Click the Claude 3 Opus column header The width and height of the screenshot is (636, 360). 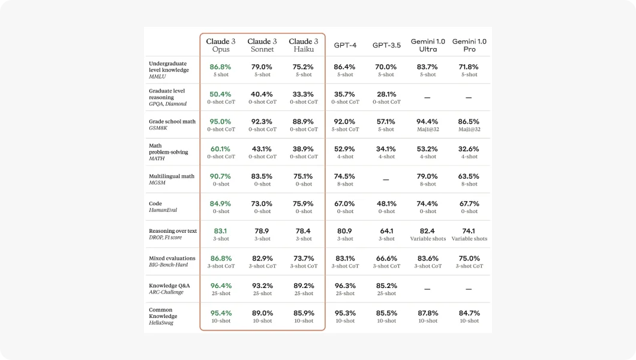pyautogui.click(x=221, y=45)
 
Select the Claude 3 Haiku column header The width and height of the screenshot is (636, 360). pyautogui.click(x=304, y=45)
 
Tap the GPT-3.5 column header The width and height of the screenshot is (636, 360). pyautogui.click(x=386, y=45)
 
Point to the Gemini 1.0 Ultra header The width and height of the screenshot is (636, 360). pyautogui.click(x=428, y=45)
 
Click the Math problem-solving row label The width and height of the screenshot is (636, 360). pyautogui.click(x=168, y=152)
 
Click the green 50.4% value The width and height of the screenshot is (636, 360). pyautogui.click(x=220, y=94)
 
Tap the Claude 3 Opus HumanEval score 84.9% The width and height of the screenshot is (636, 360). pyautogui.click(x=220, y=203)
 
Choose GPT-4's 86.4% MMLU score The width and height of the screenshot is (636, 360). pyautogui.click(x=344, y=67)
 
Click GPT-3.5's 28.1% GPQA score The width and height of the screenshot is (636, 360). pyautogui.click(x=386, y=94)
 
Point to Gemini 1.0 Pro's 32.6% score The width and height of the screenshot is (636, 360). pyautogui.click(x=469, y=149)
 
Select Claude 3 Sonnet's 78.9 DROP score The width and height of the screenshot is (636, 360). pyautogui.click(x=262, y=231)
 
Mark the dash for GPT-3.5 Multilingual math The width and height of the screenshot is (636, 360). pyautogui.click(x=386, y=179)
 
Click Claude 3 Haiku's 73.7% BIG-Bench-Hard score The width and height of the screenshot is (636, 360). pyautogui.click(x=304, y=258)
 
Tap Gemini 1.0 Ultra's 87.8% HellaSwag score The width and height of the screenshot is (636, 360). pyautogui.click(x=428, y=313)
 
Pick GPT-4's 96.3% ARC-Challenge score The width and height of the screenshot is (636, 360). pyautogui.click(x=344, y=286)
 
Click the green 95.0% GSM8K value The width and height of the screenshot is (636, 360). pyautogui.click(x=220, y=121)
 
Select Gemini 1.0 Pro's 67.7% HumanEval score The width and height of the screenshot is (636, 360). pyautogui.click(x=469, y=203)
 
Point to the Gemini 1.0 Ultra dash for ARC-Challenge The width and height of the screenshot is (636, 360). pyautogui.click(x=428, y=289)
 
